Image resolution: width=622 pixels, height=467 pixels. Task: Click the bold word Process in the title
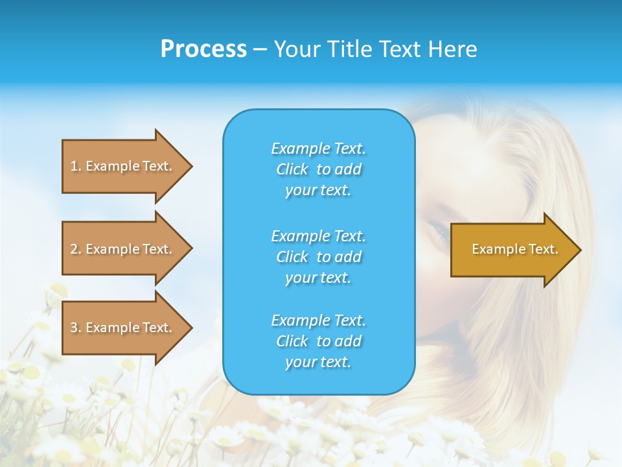(x=203, y=49)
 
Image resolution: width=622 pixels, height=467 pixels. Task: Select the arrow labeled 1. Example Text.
(x=123, y=166)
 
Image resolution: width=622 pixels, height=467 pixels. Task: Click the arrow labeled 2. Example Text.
(x=123, y=249)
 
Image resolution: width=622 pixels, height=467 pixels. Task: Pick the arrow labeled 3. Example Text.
(x=123, y=328)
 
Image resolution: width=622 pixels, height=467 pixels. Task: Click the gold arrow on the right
(x=512, y=250)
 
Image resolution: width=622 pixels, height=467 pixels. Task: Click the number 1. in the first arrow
(x=75, y=166)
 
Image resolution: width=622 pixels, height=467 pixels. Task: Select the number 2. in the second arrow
(x=75, y=249)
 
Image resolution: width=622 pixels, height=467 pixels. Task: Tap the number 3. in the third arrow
(x=75, y=328)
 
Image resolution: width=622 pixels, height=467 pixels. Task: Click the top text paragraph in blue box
(x=318, y=169)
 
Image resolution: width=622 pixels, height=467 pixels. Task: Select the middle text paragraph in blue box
(x=318, y=257)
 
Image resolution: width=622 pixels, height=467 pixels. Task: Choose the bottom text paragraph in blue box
(x=318, y=341)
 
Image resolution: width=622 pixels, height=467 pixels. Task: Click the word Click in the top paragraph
(x=292, y=169)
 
